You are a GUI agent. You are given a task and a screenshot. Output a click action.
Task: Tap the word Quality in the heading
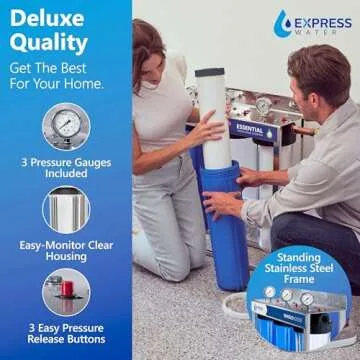[50, 44]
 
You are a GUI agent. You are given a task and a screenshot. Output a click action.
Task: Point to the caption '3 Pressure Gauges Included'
[66, 169]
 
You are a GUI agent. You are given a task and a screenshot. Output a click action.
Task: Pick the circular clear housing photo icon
[66, 209]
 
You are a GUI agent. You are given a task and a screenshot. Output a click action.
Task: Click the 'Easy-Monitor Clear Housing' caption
[66, 249]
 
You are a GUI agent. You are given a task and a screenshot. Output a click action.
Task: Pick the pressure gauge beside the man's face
[264, 104]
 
